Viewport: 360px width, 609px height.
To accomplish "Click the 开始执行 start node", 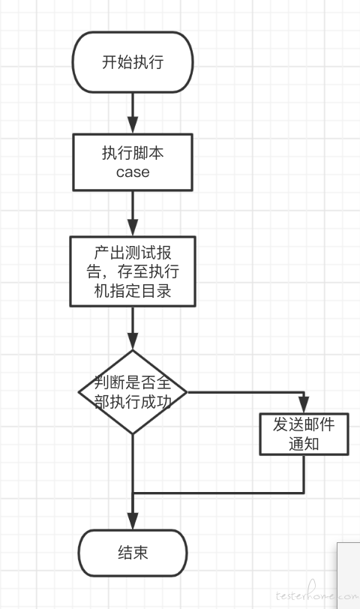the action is (133, 62).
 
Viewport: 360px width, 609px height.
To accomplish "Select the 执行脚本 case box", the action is (133, 162).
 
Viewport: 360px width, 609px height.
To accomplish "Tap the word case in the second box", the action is (133, 172).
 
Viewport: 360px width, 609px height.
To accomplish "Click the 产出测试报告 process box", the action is (133, 271).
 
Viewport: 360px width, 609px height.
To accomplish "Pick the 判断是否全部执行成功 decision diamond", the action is (133, 392).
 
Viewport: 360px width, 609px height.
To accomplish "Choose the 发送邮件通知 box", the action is (304, 434).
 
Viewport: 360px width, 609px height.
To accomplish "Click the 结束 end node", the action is (133, 553).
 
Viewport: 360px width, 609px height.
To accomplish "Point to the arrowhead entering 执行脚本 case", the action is (133, 125).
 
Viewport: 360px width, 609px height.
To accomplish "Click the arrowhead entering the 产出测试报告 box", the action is (133, 227).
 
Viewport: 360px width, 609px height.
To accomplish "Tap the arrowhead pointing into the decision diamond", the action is (133, 341).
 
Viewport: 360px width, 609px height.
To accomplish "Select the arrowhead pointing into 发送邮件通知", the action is (304, 405).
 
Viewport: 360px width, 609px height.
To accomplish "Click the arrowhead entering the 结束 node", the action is (133, 520).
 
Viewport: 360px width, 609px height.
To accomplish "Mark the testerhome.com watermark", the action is (316, 593).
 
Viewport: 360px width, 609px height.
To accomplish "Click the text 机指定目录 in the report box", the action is (133, 291).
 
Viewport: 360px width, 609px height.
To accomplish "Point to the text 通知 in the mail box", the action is (304, 443).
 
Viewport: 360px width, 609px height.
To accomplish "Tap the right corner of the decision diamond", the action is (187, 392).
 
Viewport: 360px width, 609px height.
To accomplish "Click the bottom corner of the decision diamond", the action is (133, 433).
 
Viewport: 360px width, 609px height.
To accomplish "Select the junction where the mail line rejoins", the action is (133, 493).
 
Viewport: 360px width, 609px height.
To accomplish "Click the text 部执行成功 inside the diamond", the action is (133, 402).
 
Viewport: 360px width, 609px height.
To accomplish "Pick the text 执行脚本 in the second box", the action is (133, 153).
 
